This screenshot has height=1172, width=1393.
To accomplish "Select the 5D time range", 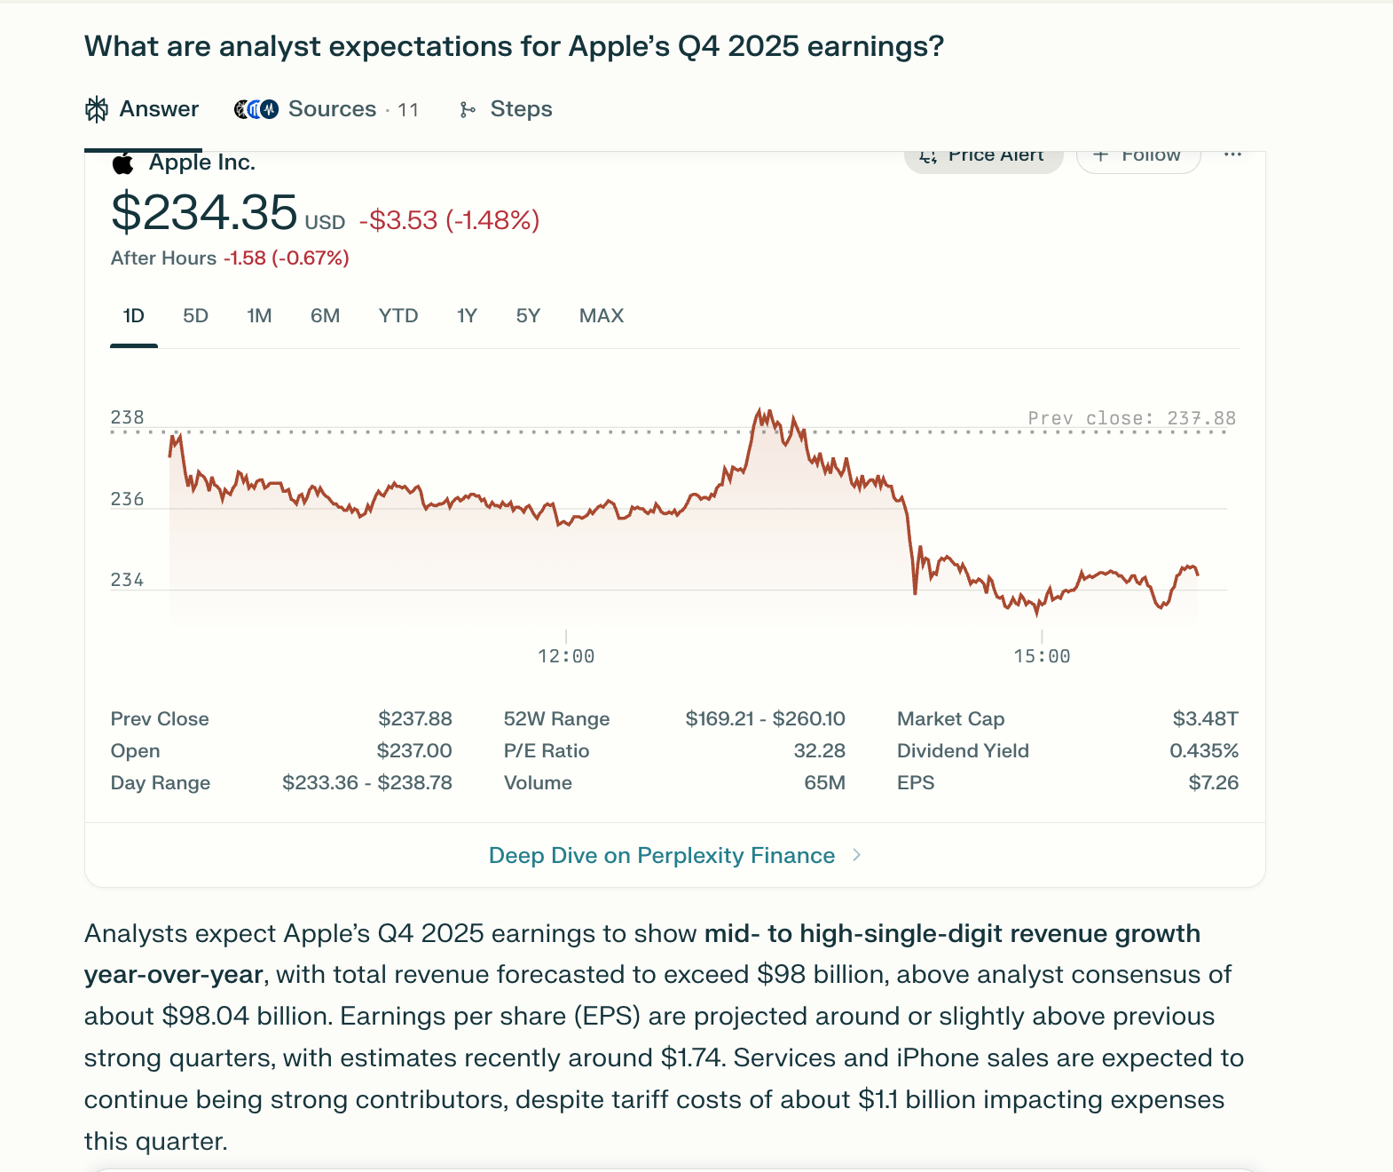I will [195, 316].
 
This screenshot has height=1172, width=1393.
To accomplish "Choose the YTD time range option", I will [397, 316].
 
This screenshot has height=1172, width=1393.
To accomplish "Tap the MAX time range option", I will [601, 316].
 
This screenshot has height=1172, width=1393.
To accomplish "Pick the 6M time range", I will [325, 316].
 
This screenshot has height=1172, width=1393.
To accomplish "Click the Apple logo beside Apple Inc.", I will [123, 162].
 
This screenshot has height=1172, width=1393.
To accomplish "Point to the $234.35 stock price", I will [204, 213].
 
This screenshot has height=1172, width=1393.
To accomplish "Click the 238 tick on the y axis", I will [127, 417].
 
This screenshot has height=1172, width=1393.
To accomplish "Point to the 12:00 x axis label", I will [566, 656].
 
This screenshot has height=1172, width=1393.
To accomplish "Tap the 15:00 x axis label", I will [1042, 656].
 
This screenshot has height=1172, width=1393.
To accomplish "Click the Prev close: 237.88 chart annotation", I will [1131, 418].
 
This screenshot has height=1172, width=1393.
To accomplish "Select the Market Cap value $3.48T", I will [1205, 718].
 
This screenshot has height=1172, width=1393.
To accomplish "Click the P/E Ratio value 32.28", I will [819, 751].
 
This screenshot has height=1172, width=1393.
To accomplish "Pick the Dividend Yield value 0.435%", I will [1203, 751].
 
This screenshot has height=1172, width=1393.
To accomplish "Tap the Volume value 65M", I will [824, 783].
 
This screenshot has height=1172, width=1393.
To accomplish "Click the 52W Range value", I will [765, 718].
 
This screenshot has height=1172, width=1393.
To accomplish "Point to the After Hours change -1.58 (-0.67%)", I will [286, 258].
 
